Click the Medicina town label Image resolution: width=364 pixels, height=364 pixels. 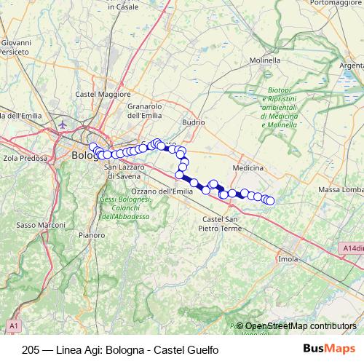coord(248,167)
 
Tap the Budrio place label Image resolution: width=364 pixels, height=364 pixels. coord(194,122)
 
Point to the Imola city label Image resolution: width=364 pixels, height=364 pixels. coord(288,258)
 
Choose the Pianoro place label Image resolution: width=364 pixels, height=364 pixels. coord(92,235)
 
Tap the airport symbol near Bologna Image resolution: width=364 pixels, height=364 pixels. coord(63,125)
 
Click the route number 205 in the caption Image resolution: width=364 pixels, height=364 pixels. coord(32,349)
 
